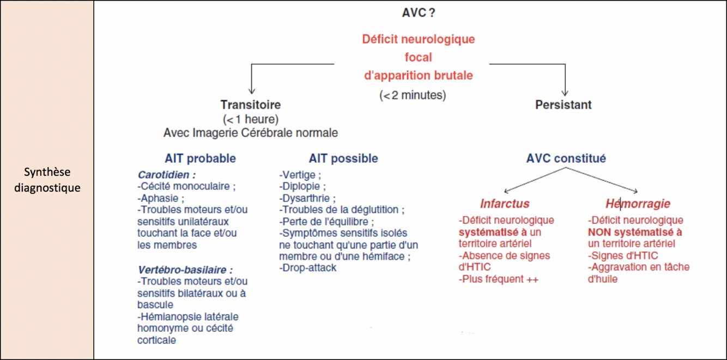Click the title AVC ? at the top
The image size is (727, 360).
418,13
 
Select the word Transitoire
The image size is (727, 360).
251,105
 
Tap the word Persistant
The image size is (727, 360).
563,105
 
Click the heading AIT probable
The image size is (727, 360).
200,158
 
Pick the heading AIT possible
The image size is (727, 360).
343,158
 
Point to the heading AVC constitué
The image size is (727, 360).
566,158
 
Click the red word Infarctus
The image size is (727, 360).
505,204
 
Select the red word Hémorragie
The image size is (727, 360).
638,204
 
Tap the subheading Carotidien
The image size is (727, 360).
166,175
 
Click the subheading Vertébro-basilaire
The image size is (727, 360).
185,270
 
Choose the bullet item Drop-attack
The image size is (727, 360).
308,267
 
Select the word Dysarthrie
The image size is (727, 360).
307,198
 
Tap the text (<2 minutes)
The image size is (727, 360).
413,95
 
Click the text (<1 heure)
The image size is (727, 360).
251,119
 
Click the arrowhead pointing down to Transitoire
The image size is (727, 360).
251,90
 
